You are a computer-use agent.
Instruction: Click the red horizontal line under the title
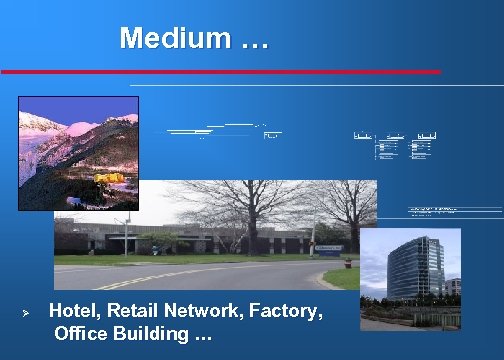click(x=220, y=72)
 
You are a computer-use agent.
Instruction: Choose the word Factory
click(x=288, y=312)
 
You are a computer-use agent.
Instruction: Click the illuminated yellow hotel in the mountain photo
click(x=109, y=178)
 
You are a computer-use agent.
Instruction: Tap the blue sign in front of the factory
click(x=327, y=246)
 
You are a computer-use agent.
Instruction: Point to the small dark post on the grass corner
click(x=347, y=264)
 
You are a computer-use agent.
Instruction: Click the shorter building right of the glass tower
click(x=451, y=290)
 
